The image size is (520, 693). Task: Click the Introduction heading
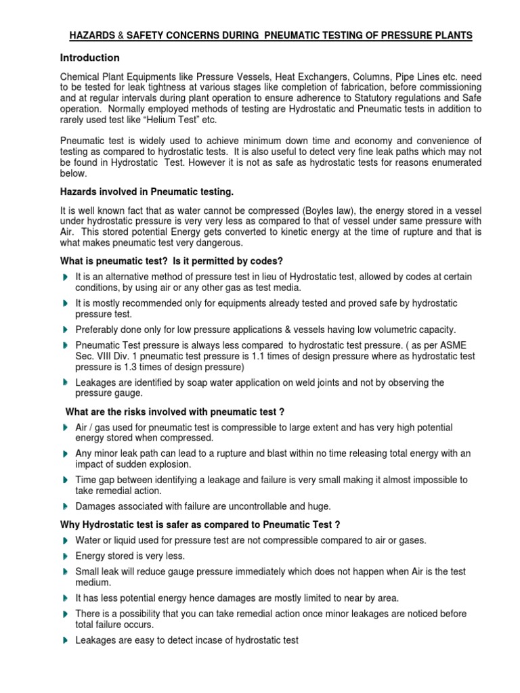(90, 58)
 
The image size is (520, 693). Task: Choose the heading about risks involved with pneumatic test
(174, 411)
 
